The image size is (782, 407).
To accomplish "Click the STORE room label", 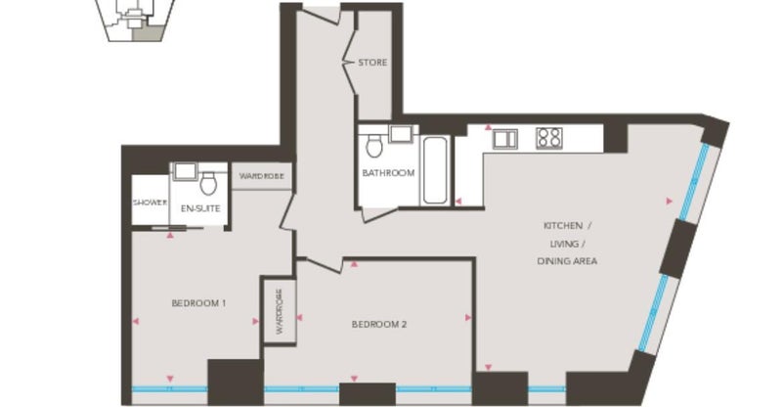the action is (x=372, y=63).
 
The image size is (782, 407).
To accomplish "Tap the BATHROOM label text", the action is (x=388, y=173).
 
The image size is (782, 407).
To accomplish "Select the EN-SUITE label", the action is (x=200, y=208).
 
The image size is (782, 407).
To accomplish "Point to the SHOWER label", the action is (x=150, y=203).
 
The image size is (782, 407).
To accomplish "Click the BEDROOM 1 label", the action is (x=199, y=303).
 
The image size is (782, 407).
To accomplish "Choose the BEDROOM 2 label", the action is (x=379, y=324).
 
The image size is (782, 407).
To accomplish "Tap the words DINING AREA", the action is (x=567, y=260).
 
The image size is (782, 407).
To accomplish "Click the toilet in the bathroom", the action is (x=374, y=146).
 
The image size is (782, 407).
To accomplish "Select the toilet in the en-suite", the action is (x=208, y=184).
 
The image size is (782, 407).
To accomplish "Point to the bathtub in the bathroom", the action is (x=435, y=170).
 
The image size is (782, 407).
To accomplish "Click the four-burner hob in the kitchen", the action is (x=549, y=138).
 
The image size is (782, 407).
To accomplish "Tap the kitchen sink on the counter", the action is (x=505, y=139).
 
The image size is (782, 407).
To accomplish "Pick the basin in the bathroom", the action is (x=400, y=134).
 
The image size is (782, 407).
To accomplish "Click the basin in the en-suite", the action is (x=185, y=171).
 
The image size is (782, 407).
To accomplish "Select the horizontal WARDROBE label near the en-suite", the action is (x=261, y=176).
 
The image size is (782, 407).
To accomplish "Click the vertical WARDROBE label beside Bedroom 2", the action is (x=280, y=312).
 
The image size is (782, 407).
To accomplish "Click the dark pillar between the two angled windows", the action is (x=678, y=249).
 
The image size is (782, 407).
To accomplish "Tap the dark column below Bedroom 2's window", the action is (x=368, y=394).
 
